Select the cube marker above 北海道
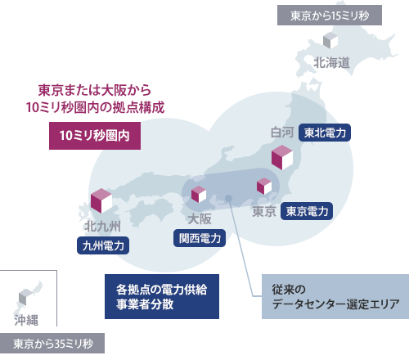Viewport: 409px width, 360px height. (x=330, y=40)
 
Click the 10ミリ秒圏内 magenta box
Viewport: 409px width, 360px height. (x=95, y=134)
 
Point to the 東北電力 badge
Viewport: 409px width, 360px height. (x=325, y=132)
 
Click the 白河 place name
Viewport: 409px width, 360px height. (x=282, y=132)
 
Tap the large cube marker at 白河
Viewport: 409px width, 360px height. (x=282, y=156)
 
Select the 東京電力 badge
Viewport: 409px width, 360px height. (x=307, y=210)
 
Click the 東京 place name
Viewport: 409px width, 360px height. (x=263, y=211)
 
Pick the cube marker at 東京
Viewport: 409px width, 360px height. (x=264, y=187)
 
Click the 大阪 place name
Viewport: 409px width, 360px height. (x=199, y=218)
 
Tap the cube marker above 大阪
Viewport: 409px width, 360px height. (x=198, y=194)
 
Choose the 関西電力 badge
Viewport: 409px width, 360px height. (x=200, y=238)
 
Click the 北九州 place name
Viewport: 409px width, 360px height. (x=102, y=225)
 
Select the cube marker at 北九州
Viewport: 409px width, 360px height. (x=101, y=200)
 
